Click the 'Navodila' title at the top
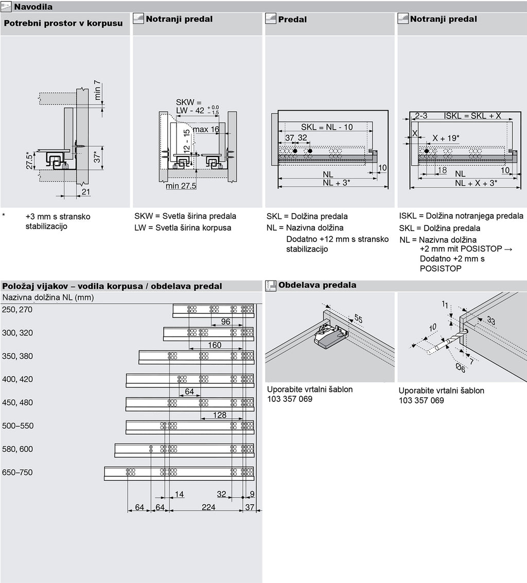tap(33, 7)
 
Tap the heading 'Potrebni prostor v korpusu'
tap(63, 24)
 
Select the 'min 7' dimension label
tap(98, 91)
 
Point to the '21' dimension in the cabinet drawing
tap(86, 192)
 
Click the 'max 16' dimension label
tap(206, 130)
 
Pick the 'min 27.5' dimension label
tap(181, 186)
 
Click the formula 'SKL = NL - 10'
tap(327, 127)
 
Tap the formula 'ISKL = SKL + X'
tap(472, 116)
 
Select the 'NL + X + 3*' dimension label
tap(476, 183)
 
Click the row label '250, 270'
tap(17, 310)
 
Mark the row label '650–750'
tap(17, 472)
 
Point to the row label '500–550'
tap(17, 426)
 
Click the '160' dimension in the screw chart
tap(215, 345)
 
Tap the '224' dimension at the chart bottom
tap(208, 507)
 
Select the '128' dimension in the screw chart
tap(220, 415)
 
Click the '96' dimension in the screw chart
tap(225, 322)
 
